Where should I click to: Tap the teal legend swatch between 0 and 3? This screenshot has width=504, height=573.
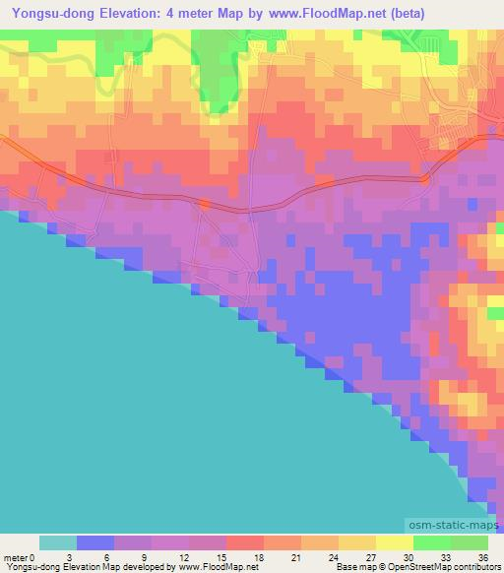(58, 541)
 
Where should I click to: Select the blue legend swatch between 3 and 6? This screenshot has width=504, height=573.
(95, 541)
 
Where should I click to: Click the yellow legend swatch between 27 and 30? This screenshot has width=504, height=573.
(395, 541)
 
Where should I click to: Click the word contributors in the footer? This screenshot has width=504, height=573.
(479, 567)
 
